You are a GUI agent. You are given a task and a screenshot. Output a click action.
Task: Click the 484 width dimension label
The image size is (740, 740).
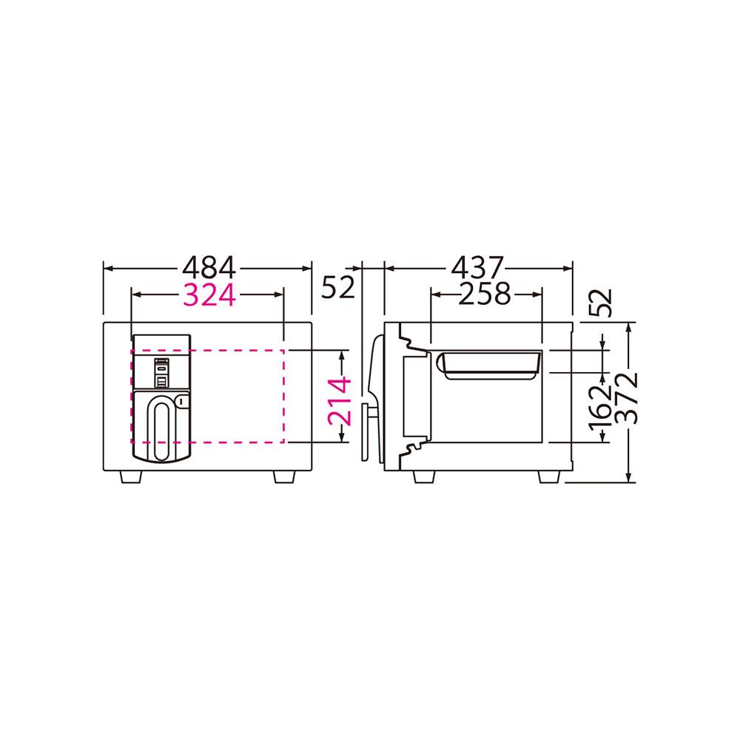(209, 269)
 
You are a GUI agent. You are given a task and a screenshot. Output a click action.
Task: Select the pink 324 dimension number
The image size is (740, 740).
(209, 295)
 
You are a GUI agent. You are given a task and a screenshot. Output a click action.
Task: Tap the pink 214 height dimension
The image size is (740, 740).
(340, 401)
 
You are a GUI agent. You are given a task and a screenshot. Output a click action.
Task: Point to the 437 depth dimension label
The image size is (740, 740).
(477, 269)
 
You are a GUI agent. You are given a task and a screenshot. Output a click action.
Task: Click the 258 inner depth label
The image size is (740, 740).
(484, 294)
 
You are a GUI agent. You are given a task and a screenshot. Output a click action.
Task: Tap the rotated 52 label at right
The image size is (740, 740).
(601, 303)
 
